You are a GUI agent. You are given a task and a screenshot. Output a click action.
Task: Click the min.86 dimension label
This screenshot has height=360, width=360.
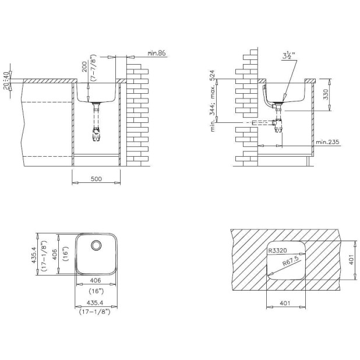[156, 53]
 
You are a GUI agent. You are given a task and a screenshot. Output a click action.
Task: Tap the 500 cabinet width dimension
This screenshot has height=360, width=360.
[96, 179]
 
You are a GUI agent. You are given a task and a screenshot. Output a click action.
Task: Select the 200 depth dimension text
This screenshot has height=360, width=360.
[84, 67]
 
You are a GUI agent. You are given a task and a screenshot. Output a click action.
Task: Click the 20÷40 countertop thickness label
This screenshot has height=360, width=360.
[6, 80]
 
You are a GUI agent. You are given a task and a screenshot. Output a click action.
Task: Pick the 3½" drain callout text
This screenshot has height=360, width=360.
[288, 55]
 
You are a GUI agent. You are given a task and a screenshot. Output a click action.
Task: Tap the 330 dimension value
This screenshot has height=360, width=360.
[325, 94]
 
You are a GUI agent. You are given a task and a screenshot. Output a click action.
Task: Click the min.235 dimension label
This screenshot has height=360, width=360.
[327, 142]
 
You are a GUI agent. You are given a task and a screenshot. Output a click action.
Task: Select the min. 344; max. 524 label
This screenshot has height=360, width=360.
[213, 101]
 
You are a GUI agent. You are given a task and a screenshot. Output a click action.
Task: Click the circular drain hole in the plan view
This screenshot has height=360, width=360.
[96, 245]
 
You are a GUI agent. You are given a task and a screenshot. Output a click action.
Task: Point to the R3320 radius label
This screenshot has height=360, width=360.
[278, 250]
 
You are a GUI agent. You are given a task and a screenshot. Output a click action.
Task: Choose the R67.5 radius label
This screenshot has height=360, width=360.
[291, 261]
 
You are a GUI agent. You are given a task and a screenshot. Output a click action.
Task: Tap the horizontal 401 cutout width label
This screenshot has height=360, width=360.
[285, 303]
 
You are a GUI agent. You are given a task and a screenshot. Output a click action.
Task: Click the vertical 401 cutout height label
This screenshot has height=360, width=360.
[351, 259]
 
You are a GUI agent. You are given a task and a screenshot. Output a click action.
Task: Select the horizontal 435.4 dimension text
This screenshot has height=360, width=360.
[94, 303]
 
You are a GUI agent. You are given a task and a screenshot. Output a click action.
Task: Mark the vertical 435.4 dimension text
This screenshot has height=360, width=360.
[34, 255]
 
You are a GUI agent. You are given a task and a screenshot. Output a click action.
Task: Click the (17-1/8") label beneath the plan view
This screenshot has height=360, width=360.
[94, 312]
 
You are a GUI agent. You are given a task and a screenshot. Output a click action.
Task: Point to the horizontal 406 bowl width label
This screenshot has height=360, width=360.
[96, 280]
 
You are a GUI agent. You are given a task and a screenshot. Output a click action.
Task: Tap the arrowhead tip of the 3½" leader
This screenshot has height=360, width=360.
[283, 101]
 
